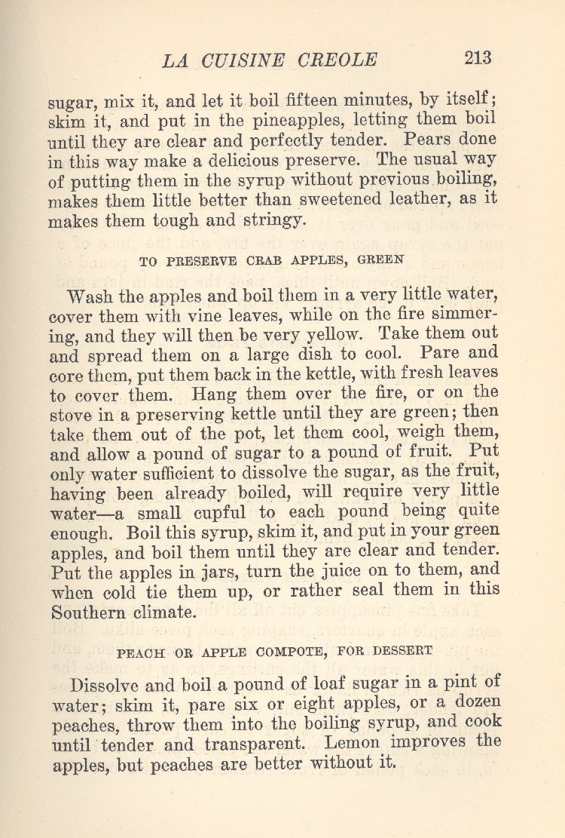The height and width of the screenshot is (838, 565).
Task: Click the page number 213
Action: (478, 58)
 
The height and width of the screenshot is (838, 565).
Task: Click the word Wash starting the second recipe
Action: (92, 295)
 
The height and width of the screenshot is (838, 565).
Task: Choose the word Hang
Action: (214, 393)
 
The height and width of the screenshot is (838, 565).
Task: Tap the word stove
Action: (72, 413)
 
